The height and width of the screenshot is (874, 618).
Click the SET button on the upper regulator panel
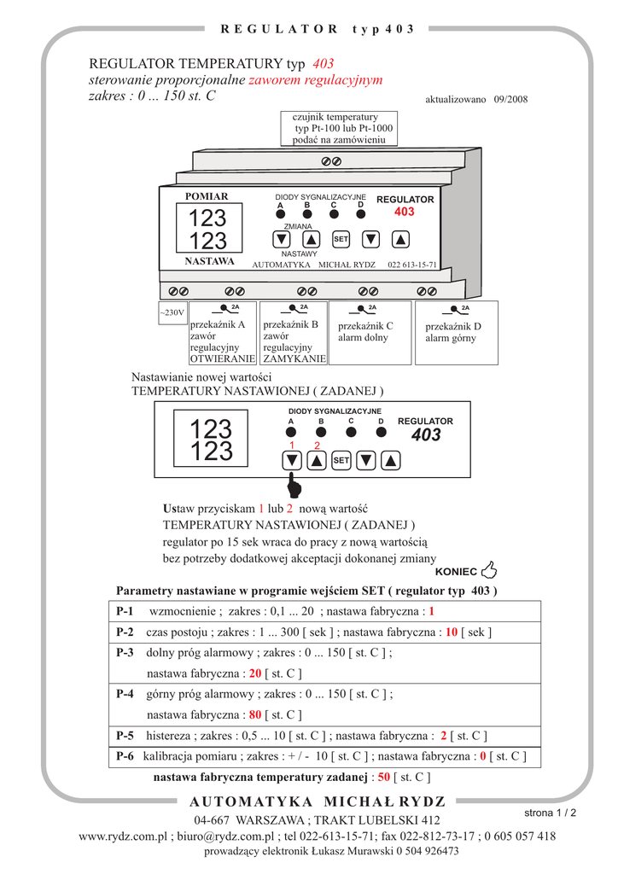click(341, 239)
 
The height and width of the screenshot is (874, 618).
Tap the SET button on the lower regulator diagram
click(341, 461)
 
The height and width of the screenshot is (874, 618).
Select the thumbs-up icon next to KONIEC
click(490, 570)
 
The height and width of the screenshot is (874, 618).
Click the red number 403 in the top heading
click(324, 64)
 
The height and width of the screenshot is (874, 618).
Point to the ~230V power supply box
click(172, 313)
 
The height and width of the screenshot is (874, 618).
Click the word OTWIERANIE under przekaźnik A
click(222, 359)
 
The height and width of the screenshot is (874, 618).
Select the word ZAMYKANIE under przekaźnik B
click(294, 359)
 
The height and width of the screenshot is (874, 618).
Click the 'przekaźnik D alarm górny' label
click(453, 332)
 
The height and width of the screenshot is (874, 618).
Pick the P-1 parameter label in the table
click(125, 612)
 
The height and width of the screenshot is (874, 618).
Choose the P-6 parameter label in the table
click(125, 756)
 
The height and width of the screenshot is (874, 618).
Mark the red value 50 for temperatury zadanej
click(383, 778)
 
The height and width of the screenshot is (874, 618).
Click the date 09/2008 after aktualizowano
click(510, 99)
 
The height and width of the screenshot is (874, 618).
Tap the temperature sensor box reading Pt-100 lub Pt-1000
click(336, 127)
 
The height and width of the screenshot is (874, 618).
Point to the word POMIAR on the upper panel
click(207, 196)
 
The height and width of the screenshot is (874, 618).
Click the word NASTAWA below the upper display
click(209, 261)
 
